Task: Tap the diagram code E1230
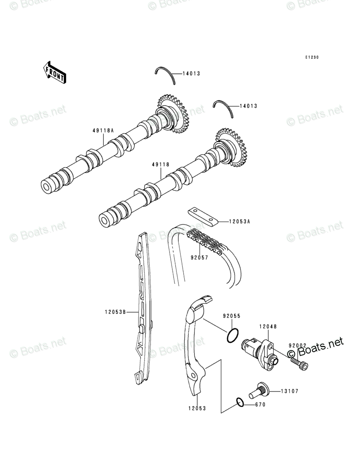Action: [x=311, y=58]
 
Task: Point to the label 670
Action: [x=260, y=405]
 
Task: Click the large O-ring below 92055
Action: [x=232, y=336]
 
